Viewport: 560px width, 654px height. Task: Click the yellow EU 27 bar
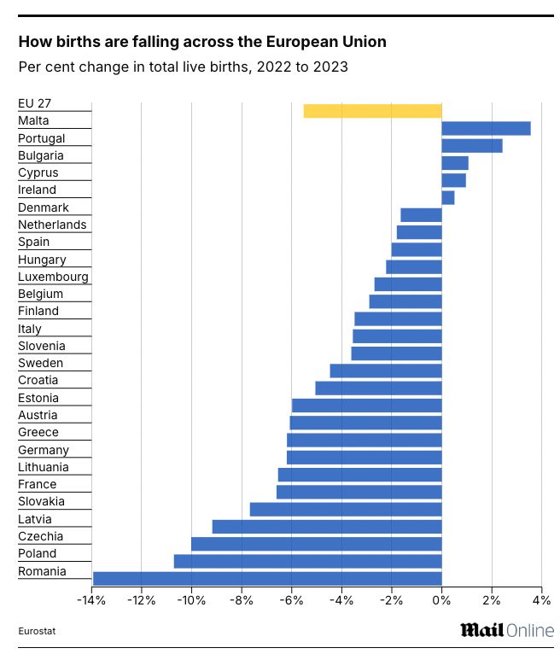(372, 111)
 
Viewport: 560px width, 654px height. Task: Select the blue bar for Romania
(266, 578)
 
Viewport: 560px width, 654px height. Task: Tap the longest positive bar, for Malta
(486, 128)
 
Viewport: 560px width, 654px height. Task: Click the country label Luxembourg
(53, 277)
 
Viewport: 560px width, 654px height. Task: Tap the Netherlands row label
(52, 225)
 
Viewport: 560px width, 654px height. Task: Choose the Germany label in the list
(44, 450)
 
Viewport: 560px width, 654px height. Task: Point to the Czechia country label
(40, 536)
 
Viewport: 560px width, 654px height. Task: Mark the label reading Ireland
(37, 190)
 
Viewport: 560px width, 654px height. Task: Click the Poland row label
(38, 553)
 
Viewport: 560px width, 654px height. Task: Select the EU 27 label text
(35, 103)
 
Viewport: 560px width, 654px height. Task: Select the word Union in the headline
(365, 41)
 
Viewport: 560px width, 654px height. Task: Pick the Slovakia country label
(41, 501)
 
